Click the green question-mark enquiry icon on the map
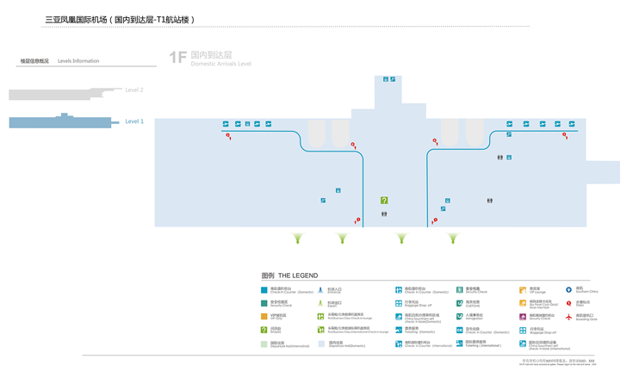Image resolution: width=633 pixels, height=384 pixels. [384, 201]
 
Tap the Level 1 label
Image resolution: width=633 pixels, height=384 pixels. [134, 121]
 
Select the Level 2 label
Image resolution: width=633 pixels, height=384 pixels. [134, 90]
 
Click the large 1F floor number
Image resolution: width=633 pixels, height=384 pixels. [177, 58]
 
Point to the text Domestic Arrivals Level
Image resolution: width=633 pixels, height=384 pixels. [220, 64]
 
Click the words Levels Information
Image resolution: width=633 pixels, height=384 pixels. [78, 61]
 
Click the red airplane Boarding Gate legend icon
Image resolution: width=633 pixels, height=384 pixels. [568, 317]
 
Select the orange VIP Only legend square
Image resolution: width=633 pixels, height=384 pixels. [264, 317]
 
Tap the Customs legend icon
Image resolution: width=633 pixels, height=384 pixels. [460, 303]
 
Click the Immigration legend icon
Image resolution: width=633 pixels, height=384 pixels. [460, 316]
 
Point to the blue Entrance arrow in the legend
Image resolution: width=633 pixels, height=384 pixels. [320, 291]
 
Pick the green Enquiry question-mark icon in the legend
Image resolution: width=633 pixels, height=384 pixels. [264, 330]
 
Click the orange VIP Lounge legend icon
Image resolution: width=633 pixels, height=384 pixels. [523, 290]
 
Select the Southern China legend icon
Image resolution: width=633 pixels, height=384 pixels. [568, 290]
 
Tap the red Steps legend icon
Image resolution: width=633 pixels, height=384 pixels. [568, 303]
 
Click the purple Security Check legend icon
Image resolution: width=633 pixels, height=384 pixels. [523, 317]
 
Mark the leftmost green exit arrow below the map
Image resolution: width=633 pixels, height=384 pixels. [298, 238]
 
